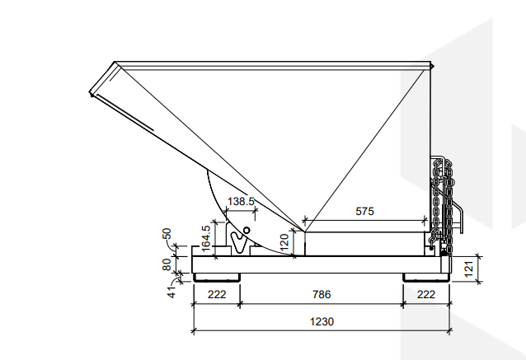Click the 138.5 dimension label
[240, 201]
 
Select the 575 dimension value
[364, 211]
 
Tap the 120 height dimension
[284, 241]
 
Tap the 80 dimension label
[167, 265]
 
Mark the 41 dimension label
[171, 289]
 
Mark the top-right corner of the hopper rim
[430, 64]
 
